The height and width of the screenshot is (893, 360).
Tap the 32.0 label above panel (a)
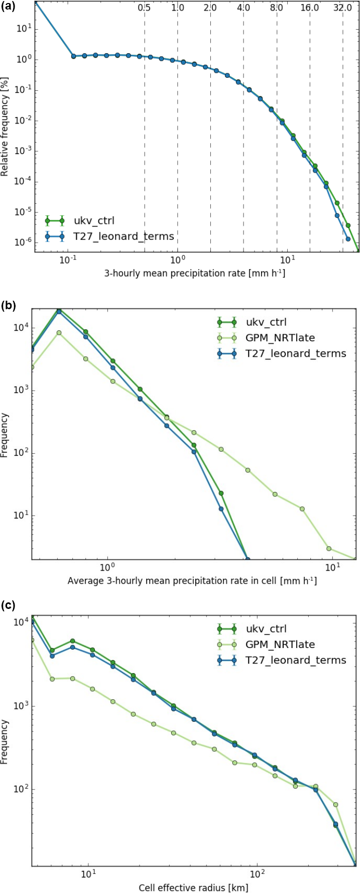click(x=342, y=8)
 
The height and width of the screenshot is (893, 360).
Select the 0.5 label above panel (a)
click(x=145, y=8)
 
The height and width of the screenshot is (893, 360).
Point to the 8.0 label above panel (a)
click(x=276, y=8)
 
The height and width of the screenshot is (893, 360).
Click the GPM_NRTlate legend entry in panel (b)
click(x=280, y=338)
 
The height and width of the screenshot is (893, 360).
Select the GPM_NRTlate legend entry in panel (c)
click(x=280, y=645)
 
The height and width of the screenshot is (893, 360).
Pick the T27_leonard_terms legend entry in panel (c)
click(x=296, y=660)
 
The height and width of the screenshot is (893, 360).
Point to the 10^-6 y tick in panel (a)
click(x=24, y=243)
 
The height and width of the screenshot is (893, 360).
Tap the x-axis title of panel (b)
click(x=192, y=581)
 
